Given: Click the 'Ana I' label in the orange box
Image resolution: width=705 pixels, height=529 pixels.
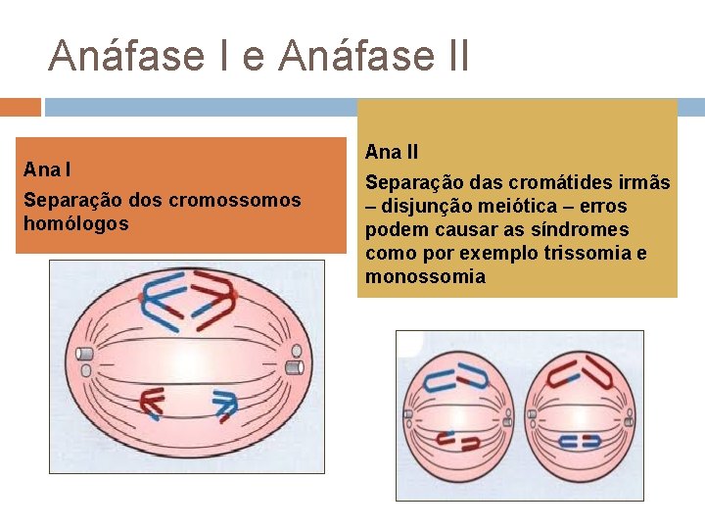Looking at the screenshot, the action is (47, 169).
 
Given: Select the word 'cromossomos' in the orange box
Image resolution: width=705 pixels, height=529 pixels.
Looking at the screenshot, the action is (235, 201).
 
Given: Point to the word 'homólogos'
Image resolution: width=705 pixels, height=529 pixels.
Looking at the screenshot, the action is (75, 224).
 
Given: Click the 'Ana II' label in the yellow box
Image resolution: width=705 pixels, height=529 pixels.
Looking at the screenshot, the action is (392, 152).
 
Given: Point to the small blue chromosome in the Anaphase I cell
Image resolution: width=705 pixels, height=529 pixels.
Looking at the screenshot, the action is (225, 402).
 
